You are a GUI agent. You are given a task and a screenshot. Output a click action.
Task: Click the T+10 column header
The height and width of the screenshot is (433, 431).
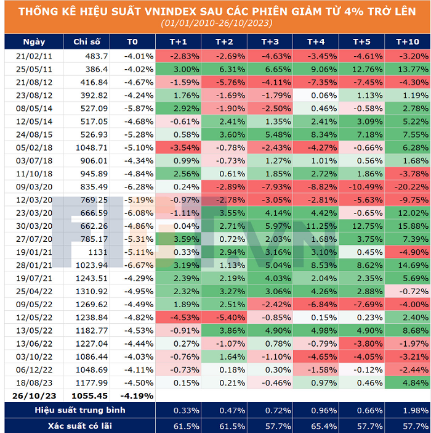408,41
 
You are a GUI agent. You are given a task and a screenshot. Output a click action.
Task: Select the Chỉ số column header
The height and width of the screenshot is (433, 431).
87,41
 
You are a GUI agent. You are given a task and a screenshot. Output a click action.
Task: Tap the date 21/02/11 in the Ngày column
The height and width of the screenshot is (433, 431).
34,56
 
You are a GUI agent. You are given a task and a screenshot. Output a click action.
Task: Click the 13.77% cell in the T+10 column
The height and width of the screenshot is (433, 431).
408,68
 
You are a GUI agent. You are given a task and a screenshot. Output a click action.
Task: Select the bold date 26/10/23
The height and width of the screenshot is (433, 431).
34,395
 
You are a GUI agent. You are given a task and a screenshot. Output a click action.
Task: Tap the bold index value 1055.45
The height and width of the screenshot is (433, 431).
89,395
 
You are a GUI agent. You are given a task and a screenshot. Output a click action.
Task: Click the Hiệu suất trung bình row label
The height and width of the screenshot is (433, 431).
80,410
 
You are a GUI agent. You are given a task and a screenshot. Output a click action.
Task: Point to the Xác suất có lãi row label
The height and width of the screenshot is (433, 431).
80,426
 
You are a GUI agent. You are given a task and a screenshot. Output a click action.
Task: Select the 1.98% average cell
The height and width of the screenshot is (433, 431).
408,410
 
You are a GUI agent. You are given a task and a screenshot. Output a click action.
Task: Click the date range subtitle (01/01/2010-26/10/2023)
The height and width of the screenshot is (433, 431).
216,23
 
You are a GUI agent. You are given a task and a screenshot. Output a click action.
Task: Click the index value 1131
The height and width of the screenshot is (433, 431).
97,252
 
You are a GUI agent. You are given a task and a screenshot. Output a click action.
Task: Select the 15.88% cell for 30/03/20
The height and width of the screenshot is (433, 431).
408,226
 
